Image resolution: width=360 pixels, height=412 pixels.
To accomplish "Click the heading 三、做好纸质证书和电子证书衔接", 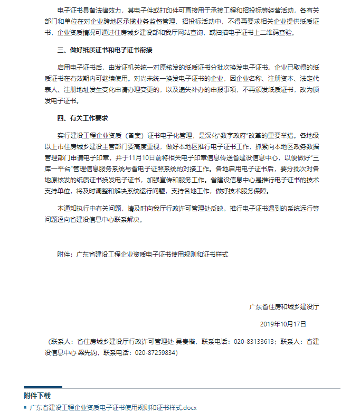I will (x=98, y=51).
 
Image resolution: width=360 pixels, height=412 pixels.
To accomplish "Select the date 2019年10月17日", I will (x=283, y=323).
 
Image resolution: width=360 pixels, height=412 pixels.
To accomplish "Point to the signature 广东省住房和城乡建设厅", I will (x=285, y=306).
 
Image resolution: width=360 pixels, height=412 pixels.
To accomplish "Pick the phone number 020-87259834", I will (x=156, y=352).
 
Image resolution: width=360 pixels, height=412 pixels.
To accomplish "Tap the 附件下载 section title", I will (x=37, y=395).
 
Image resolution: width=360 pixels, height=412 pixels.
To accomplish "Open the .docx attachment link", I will (x=113, y=407).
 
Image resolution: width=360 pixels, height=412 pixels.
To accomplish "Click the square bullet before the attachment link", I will (x=25, y=407).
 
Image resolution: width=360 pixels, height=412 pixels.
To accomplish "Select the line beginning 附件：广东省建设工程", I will (x=142, y=254).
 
